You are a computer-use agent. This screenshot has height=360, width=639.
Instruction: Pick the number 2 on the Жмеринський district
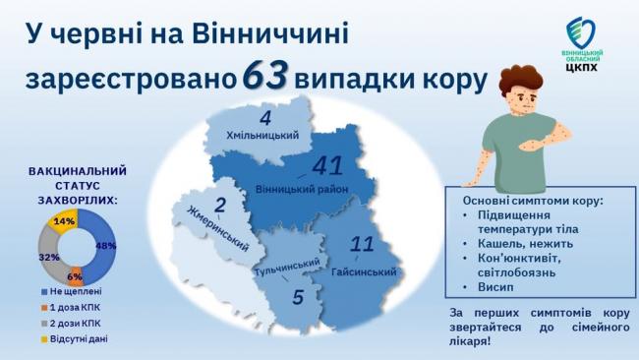point(219,206)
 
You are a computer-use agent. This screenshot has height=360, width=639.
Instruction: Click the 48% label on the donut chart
point(106,246)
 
